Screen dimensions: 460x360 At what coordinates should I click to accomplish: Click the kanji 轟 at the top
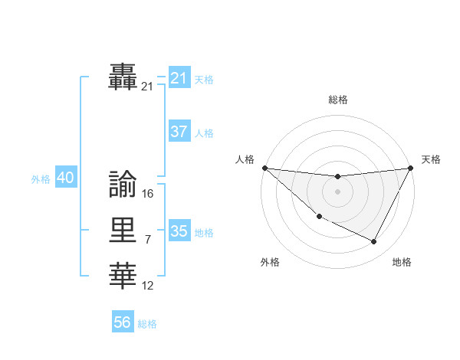click(x=123, y=76)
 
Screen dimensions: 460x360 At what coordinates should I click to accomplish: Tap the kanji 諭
click(x=123, y=184)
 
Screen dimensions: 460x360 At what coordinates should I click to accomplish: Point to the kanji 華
click(x=123, y=277)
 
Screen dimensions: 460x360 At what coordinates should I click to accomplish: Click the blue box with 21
click(x=179, y=77)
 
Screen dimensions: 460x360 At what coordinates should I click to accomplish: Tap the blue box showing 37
click(x=179, y=132)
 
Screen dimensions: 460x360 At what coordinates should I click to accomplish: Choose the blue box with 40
click(x=65, y=178)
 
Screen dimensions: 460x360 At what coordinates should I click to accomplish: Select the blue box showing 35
click(x=179, y=231)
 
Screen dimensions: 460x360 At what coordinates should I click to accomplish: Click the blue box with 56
click(x=122, y=322)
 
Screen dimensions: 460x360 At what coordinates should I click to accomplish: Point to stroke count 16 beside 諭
click(x=148, y=194)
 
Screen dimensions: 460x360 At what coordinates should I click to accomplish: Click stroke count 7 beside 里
click(x=148, y=241)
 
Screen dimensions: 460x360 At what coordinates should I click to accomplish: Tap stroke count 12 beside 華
click(x=148, y=286)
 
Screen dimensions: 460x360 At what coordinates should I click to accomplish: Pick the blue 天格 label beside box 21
click(x=203, y=79)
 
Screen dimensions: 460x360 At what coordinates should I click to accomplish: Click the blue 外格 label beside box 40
click(x=41, y=179)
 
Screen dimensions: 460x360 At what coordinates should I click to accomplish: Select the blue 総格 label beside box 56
click(x=147, y=324)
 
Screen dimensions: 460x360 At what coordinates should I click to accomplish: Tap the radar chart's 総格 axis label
click(x=337, y=100)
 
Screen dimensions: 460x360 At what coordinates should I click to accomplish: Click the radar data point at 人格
click(x=264, y=168)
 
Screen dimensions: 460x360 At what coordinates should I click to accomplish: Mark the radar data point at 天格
click(x=410, y=168)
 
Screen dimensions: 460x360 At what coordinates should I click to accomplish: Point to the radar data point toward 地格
click(x=374, y=242)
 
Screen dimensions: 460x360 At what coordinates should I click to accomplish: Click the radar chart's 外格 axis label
click(x=270, y=262)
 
